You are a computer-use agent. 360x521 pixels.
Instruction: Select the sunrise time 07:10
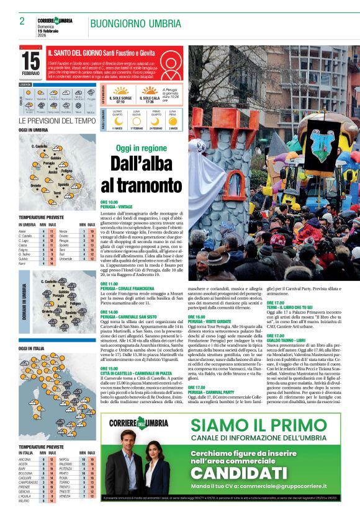point(120,102)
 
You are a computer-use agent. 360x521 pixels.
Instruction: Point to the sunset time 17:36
point(150,102)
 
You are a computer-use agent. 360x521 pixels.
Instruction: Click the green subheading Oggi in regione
point(142,148)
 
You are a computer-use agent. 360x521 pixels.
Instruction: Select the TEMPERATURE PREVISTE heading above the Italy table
point(41,446)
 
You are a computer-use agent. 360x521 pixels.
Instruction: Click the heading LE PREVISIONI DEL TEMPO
point(57,121)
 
